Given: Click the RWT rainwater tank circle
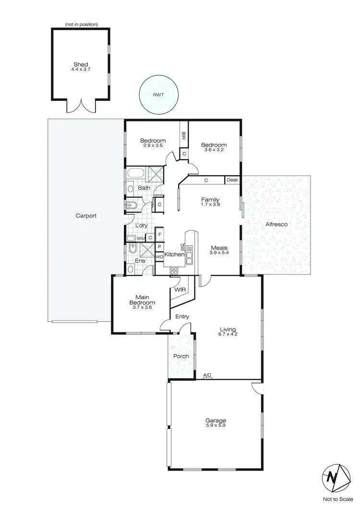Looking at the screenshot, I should coord(158,95).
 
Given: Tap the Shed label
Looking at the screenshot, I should coord(81,64).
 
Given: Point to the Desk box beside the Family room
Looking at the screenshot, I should coord(232,181).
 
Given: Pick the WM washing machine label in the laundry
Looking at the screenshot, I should coord(140,238).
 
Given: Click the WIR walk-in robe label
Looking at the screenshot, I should coord(180,290).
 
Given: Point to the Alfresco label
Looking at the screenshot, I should coord(276,224).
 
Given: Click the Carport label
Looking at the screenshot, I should coord(86,216).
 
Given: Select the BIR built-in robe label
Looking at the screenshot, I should coord(183,136).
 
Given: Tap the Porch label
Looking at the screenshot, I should coord(181,356).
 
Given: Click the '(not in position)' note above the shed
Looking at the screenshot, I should coord(81,24).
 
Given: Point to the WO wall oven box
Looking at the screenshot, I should coord(158,257).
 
